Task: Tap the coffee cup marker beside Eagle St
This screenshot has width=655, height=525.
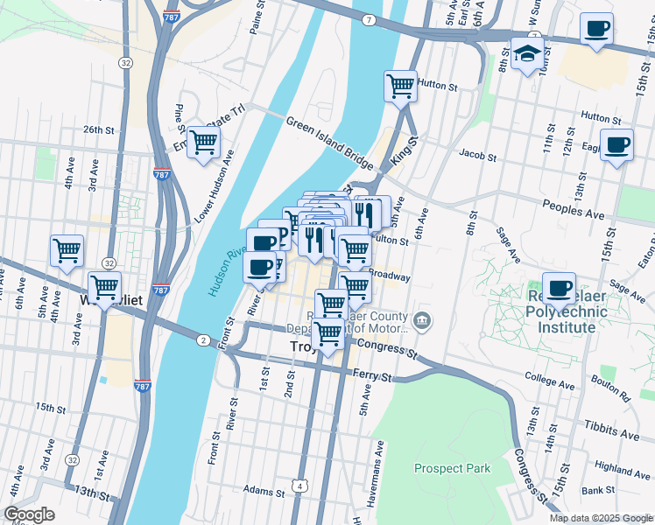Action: (616, 143)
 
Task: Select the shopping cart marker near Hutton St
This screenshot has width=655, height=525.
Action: (400, 87)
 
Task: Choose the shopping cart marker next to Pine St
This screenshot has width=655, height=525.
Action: (203, 142)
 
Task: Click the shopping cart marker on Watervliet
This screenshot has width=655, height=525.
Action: (105, 287)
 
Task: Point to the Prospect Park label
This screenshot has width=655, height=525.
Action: (453, 468)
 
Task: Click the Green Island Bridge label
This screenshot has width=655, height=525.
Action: (329, 141)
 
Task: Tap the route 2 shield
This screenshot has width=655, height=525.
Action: (202, 340)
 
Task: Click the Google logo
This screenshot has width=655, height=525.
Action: (29, 514)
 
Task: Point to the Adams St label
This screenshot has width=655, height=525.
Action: (260, 490)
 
